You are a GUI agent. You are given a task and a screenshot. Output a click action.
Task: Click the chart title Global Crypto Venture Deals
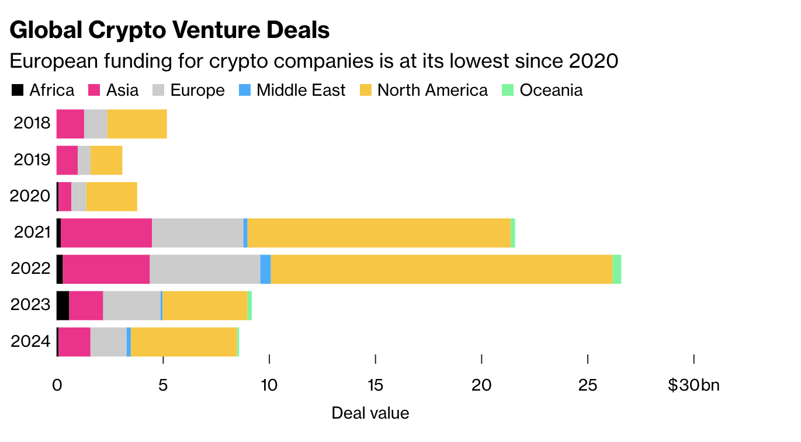click(169, 30)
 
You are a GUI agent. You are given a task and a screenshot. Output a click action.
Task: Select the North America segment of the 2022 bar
click(441, 269)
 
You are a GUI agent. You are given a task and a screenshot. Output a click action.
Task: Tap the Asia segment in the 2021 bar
click(106, 233)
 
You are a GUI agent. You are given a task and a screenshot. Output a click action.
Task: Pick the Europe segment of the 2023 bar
click(131, 305)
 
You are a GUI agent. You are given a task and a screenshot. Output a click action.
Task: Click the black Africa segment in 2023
click(63, 305)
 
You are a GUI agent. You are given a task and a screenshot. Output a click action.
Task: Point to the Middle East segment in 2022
click(265, 269)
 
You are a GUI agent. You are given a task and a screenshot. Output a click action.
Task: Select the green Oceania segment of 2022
click(616, 269)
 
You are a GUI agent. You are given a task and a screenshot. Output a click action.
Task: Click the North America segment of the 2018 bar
click(137, 124)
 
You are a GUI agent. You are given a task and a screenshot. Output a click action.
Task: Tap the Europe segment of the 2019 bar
click(84, 160)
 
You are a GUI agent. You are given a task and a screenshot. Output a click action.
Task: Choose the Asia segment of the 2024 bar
click(74, 342)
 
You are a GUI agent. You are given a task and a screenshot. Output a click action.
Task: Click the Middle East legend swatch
click(245, 91)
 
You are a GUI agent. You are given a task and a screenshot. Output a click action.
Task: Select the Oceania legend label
click(550, 91)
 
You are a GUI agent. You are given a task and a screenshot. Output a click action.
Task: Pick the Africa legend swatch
click(18, 91)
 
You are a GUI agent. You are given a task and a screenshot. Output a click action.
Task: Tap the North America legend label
click(432, 91)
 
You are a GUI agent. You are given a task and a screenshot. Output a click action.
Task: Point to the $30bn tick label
click(693, 385)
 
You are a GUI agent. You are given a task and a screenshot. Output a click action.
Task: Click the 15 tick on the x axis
click(375, 385)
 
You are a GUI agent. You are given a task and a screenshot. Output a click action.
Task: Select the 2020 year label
click(31, 196)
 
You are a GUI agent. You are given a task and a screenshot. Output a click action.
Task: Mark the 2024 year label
click(31, 342)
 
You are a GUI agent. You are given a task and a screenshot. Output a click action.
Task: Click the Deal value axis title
click(370, 413)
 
